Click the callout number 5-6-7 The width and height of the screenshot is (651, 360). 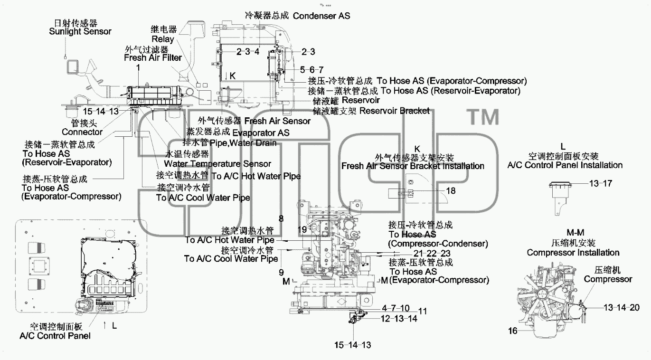(x=311, y=70)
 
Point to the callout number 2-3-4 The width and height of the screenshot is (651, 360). (x=247, y=52)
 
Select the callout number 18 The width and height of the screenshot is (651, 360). (x=451, y=191)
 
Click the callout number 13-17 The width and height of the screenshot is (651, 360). (x=601, y=183)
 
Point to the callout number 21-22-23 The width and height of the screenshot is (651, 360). (x=432, y=254)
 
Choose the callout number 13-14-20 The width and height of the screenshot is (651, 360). (x=622, y=307)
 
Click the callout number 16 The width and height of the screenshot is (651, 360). (x=513, y=331)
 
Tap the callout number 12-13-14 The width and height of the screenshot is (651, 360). (x=399, y=319)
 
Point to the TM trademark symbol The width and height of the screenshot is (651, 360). (x=483, y=117)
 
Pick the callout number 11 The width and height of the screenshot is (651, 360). (x=423, y=312)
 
